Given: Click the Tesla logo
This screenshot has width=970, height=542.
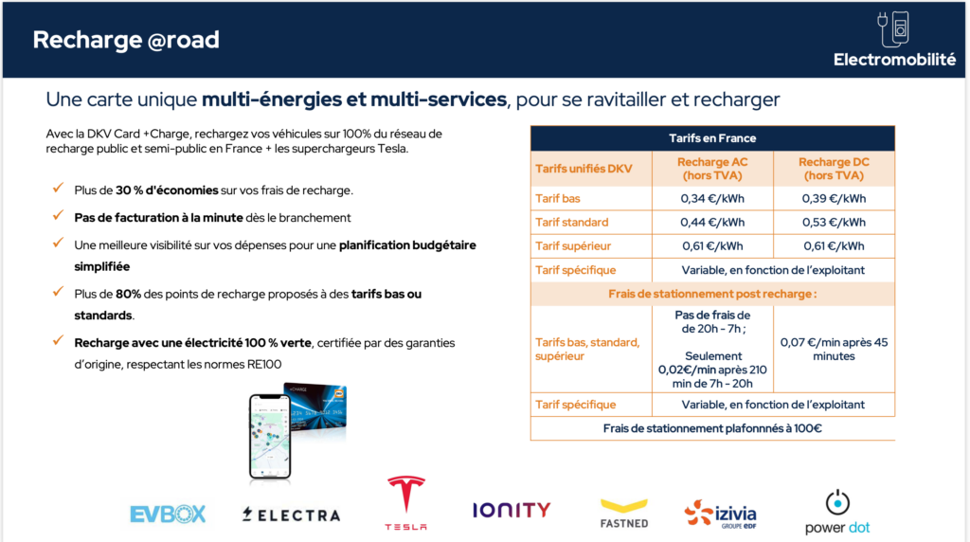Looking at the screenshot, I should (x=405, y=503).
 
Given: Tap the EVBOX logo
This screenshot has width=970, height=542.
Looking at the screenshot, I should (x=168, y=515).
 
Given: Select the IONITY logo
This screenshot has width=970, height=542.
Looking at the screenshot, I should (x=512, y=510).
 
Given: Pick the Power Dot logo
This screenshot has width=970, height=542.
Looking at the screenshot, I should (x=836, y=513).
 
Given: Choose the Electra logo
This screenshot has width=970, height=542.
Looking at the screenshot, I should (x=291, y=515).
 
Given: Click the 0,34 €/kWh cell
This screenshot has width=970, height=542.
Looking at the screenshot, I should (x=712, y=198).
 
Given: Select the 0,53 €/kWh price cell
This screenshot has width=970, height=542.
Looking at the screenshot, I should (x=834, y=222).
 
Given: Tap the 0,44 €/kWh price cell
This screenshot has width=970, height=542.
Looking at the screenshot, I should (x=712, y=222).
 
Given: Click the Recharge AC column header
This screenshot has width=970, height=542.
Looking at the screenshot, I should (x=712, y=169).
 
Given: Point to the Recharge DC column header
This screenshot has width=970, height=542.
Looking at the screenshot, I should (x=834, y=169).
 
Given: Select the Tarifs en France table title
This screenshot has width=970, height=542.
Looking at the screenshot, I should (x=712, y=138).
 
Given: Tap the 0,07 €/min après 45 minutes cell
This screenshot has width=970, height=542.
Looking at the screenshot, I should (x=834, y=349).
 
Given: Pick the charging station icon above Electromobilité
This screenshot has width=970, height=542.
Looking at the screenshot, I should (x=894, y=28).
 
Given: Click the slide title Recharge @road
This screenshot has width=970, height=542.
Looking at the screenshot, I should (x=126, y=40).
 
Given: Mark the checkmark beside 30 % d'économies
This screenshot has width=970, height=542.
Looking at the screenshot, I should (x=59, y=190).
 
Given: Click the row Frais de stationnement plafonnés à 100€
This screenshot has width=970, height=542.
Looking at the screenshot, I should (x=712, y=428).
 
